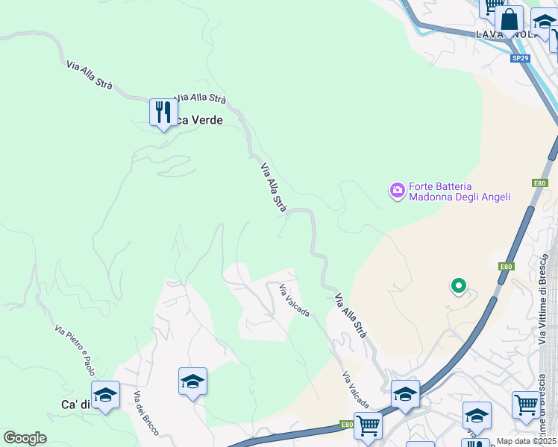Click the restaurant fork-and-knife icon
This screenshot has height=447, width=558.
coord(163,112)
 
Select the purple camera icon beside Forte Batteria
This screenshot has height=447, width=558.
coord(397,191)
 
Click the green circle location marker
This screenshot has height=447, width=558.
coord(458,285)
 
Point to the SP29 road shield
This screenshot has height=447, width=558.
coord(520,57)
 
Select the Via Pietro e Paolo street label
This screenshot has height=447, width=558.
coord(75,349)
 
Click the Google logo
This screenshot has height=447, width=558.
coord(25,437)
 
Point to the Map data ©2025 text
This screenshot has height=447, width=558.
coord(526,441)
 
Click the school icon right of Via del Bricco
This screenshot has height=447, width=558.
coord(192,381)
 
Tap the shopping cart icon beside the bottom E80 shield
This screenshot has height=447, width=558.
coord(368,426)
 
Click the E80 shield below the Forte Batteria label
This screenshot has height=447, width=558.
coord(540,183)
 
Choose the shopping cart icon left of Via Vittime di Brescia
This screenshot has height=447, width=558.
coord(526,405)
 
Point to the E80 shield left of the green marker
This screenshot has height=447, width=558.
coord(507,266)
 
